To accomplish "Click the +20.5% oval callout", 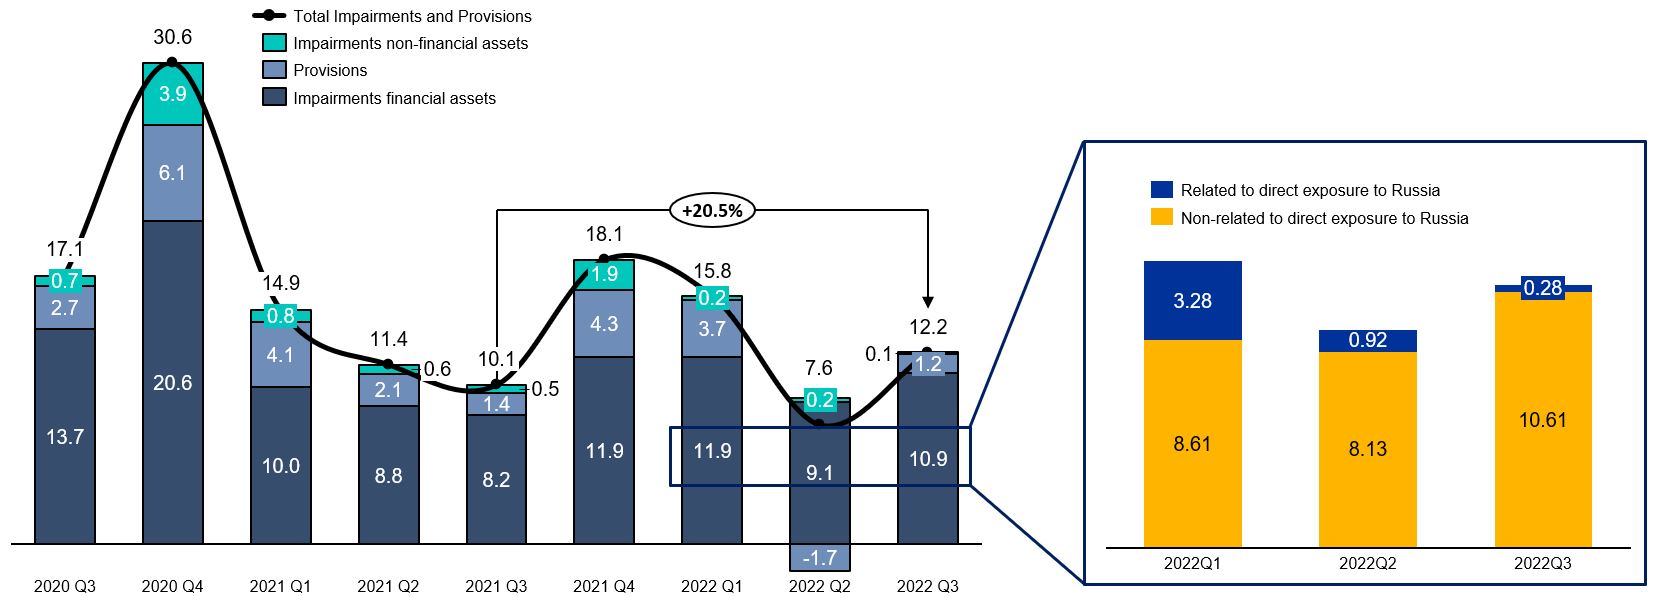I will (x=712, y=211).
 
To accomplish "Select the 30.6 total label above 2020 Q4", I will (x=172, y=37).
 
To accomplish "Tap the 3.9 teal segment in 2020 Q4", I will (x=173, y=94).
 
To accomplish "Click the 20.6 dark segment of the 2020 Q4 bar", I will (x=173, y=382).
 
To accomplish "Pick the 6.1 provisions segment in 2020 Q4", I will (x=173, y=173).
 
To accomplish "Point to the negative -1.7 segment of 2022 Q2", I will (x=820, y=557).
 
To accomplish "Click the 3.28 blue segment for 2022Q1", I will (x=1192, y=301).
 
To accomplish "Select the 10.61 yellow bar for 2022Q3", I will (x=1543, y=419).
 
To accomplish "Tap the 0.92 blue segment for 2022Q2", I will (x=1367, y=341).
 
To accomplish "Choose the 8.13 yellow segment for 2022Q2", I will (x=1367, y=449).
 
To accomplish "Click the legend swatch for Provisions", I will (x=274, y=70).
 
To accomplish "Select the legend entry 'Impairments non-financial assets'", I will (x=410, y=43).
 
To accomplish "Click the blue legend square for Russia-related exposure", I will (x=1161, y=189).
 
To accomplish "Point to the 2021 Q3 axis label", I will (x=496, y=586).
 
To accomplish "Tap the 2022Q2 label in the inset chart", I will (x=1367, y=563).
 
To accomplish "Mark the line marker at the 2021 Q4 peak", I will (x=603, y=259).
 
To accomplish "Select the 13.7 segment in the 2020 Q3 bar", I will (x=65, y=436).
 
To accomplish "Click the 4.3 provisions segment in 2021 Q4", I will (x=604, y=323).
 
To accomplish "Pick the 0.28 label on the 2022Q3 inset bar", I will (x=1543, y=288).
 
